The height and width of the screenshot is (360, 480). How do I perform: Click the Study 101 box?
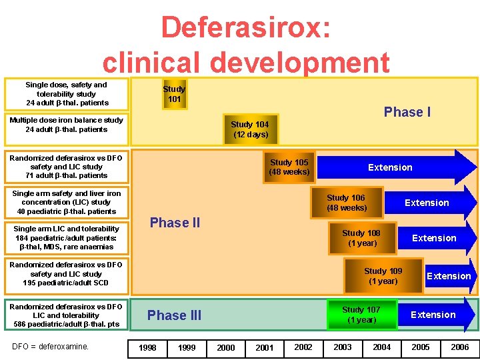pyautogui.click(x=174, y=94)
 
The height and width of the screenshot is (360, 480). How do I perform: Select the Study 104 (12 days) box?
pyautogui.click(x=251, y=129)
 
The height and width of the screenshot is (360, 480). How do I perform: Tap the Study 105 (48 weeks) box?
pyautogui.click(x=289, y=167)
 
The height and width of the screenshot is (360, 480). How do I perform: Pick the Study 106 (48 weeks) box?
pyautogui.click(x=346, y=203)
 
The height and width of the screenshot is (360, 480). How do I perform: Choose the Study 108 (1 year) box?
pyautogui.click(x=361, y=238)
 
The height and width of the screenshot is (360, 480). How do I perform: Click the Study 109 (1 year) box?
pyautogui.click(x=383, y=276)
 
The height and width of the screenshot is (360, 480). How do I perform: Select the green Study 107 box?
pyautogui.click(x=361, y=315)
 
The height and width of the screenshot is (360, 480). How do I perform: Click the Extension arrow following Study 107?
pyautogui.click(x=435, y=315)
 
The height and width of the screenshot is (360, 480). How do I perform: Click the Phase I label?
pyautogui.click(x=407, y=112)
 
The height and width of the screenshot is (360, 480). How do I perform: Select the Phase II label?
pyautogui.click(x=175, y=223)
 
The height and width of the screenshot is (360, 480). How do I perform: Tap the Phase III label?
pyautogui.click(x=174, y=315)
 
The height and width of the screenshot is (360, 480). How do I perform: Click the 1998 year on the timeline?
pyautogui.click(x=147, y=347)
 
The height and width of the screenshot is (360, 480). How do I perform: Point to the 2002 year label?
pyautogui.click(x=303, y=347)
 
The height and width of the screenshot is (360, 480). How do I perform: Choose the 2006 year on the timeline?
pyautogui.click(x=460, y=347)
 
